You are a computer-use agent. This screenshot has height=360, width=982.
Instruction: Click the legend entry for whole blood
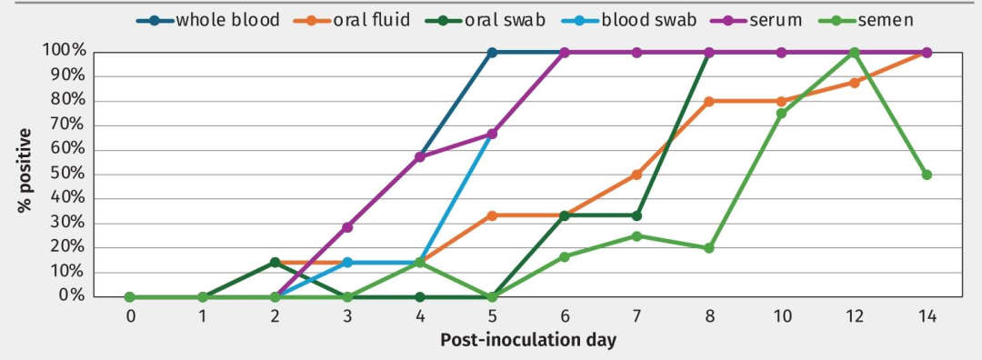(x=208, y=20)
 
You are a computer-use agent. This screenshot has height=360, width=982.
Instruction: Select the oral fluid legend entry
(x=352, y=20)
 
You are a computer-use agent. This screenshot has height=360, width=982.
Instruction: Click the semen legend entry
(x=866, y=20)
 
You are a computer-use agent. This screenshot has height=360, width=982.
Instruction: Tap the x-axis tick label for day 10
(x=782, y=316)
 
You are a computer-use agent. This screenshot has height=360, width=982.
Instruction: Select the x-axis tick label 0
(x=130, y=316)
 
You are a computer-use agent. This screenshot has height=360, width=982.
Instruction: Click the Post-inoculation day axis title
(x=528, y=341)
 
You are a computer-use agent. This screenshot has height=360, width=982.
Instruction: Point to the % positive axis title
(x=24, y=170)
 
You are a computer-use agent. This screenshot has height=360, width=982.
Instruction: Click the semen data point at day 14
(x=927, y=175)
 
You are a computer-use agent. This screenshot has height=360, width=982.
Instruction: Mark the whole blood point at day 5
(x=492, y=53)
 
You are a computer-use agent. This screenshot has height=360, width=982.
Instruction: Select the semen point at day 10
(x=782, y=114)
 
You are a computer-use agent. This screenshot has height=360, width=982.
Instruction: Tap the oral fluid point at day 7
(x=636, y=175)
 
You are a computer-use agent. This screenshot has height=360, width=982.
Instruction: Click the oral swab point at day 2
(x=275, y=263)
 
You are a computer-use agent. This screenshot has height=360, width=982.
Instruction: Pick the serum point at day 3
(x=347, y=226)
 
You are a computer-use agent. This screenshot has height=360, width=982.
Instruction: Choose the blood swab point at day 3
(x=347, y=263)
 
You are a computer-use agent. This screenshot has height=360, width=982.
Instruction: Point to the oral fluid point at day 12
(x=854, y=83)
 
